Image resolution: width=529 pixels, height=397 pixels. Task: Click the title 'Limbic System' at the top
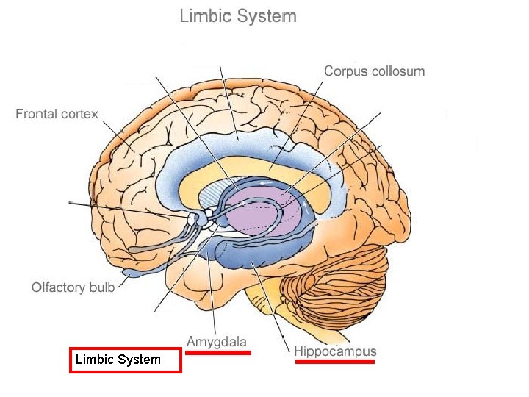pyautogui.click(x=238, y=16)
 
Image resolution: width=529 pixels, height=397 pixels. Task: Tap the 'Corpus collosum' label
pyautogui.click(x=374, y=71)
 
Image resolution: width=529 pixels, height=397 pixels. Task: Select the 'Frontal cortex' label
pyautogui.click(x=57, y=115)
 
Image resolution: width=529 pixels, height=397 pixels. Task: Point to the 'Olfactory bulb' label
pyautogui.click(x=73, y=287)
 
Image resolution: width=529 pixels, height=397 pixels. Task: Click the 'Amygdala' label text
pyautogui.click(x=217, y=342)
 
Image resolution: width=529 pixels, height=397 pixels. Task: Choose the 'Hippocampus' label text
pyautogui.click(x=335, y=351)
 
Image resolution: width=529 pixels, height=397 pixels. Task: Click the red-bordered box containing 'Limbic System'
pyautogui.click(x=125, y=360)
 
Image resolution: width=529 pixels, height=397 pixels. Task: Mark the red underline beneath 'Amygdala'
pyautogui.click(x=217, y=353)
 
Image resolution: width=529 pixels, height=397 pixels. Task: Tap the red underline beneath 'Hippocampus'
pyautogui.click(x=335, y=362)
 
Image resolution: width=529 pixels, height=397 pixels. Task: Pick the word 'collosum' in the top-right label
pyautogui.click(x=400, y=71)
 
